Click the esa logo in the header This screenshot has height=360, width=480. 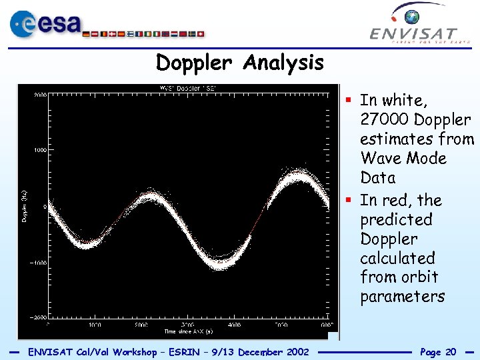[45, 25]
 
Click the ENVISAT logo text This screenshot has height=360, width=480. [413, 33]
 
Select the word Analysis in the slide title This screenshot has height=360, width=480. [283, 63]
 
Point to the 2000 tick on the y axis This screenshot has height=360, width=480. [39, 95]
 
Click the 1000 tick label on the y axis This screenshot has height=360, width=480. [39, 151]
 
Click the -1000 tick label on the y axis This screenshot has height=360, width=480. [38, 263]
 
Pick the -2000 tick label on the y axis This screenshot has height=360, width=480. [38, 318]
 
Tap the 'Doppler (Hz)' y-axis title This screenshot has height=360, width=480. [25, 207]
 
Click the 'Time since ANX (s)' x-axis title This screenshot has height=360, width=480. [189, 331]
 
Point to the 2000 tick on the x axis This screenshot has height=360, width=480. [141, 325]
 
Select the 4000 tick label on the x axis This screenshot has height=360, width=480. [233, 325]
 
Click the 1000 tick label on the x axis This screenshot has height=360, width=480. [95, 325]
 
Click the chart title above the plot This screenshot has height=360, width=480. [187, 88]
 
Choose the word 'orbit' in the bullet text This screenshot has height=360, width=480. [418, 277]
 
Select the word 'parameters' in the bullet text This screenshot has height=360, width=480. [402, 296]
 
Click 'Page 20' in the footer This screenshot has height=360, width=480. [438, 351]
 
